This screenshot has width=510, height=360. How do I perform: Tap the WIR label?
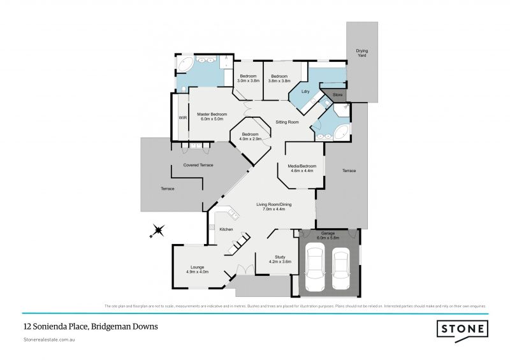coord(182,118)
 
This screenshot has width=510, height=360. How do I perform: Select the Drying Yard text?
coord(362,52)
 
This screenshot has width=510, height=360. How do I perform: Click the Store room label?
coord(337,95)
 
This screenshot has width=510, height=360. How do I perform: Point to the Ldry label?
coord(305,92)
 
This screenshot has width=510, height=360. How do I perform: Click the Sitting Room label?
coord(287,121)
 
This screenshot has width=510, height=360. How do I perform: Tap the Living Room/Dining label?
coord(273,206)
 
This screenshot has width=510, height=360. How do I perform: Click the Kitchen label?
coord(226,229)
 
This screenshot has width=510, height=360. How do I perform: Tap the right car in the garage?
coord(341,268)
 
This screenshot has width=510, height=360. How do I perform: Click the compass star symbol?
coord(157,230)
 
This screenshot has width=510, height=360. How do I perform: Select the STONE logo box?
coord(462,329)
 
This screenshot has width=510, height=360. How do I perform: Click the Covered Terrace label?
coord(198,165)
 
